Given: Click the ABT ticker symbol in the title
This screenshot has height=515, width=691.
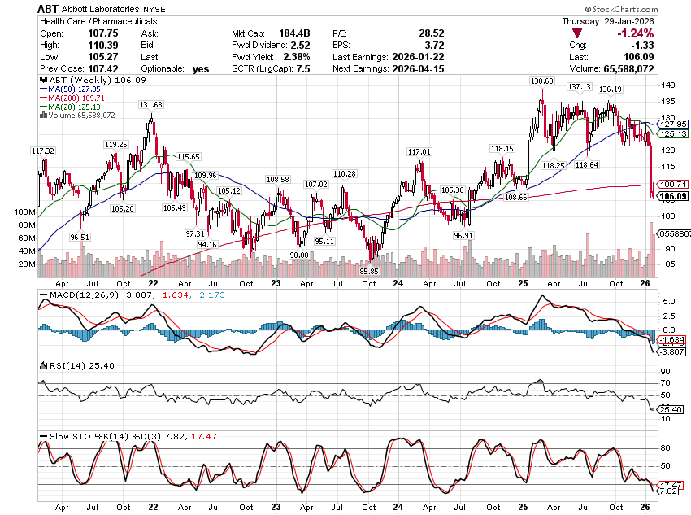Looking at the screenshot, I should point(48,9).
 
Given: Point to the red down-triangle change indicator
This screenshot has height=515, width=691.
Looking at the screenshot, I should point(576,33).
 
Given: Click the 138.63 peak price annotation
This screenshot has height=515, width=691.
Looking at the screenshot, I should point(541,81).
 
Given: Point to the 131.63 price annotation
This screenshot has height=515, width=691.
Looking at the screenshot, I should point(151,105).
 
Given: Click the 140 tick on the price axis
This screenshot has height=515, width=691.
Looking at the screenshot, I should point(667,85).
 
